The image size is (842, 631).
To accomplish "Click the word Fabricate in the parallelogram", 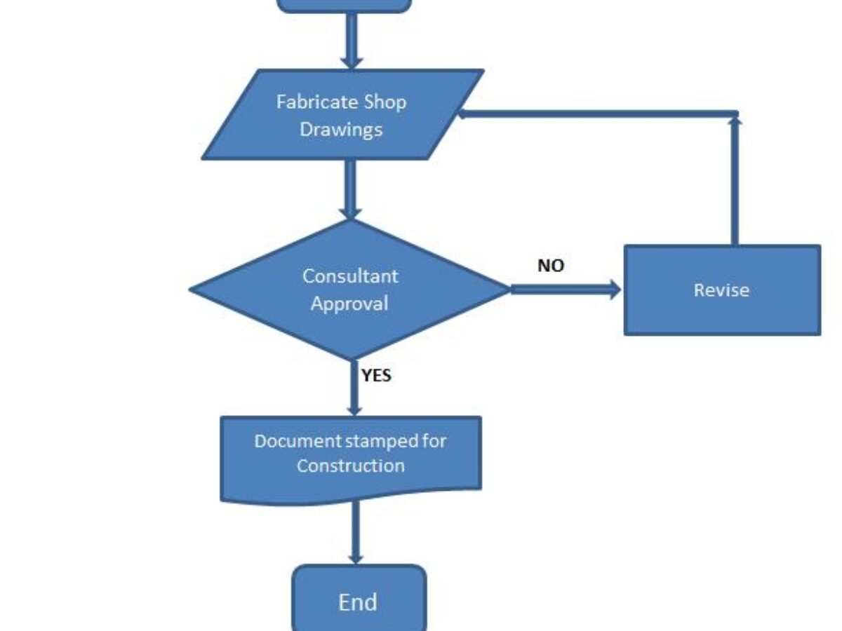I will click(317, 102).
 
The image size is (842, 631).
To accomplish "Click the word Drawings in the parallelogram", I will click(341, 130).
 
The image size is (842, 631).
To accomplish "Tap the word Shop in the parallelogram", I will click(385, 102).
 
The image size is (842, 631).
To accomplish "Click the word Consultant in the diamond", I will click(350, 276).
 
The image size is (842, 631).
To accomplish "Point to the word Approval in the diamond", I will click(349, 304).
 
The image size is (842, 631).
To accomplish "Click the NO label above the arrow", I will click(551, 266).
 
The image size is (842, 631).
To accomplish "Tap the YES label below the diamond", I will click(377, 376).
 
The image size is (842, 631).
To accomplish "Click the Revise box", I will click(721, 290).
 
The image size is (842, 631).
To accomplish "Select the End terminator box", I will click(359, 601).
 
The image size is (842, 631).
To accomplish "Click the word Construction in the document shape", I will click(350, 466).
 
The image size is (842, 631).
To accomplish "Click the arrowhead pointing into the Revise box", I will click(615, 290).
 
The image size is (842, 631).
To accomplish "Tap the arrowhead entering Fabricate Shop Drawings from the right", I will click(463, 114).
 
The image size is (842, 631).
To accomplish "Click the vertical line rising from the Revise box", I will click(735, 182).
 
